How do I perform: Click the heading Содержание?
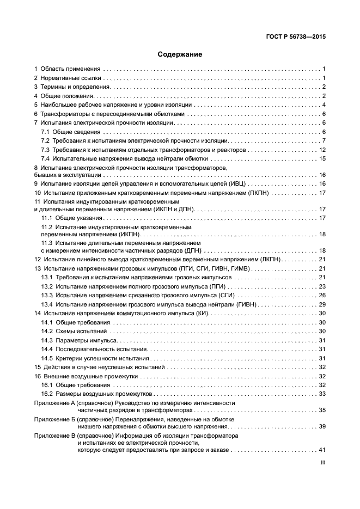pyautogui.click(x=180, y=54)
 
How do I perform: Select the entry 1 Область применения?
pyautogui.click(x=67, y=70)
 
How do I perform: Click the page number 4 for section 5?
pyautogui.click(x=324, y=105)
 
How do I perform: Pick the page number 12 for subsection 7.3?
pyautogui.click(x=322, y=150)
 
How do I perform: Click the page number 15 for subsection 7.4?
pyautogui.click(x=322, y=158)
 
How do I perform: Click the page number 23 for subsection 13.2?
pyautogui.click(x=322, y=286)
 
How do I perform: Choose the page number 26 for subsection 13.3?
pyautogui.click(x=322, y=295)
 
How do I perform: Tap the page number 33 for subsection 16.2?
pyautogui.click(x=322, y=394)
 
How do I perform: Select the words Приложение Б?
pyautogui.click(x=54, y=420)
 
